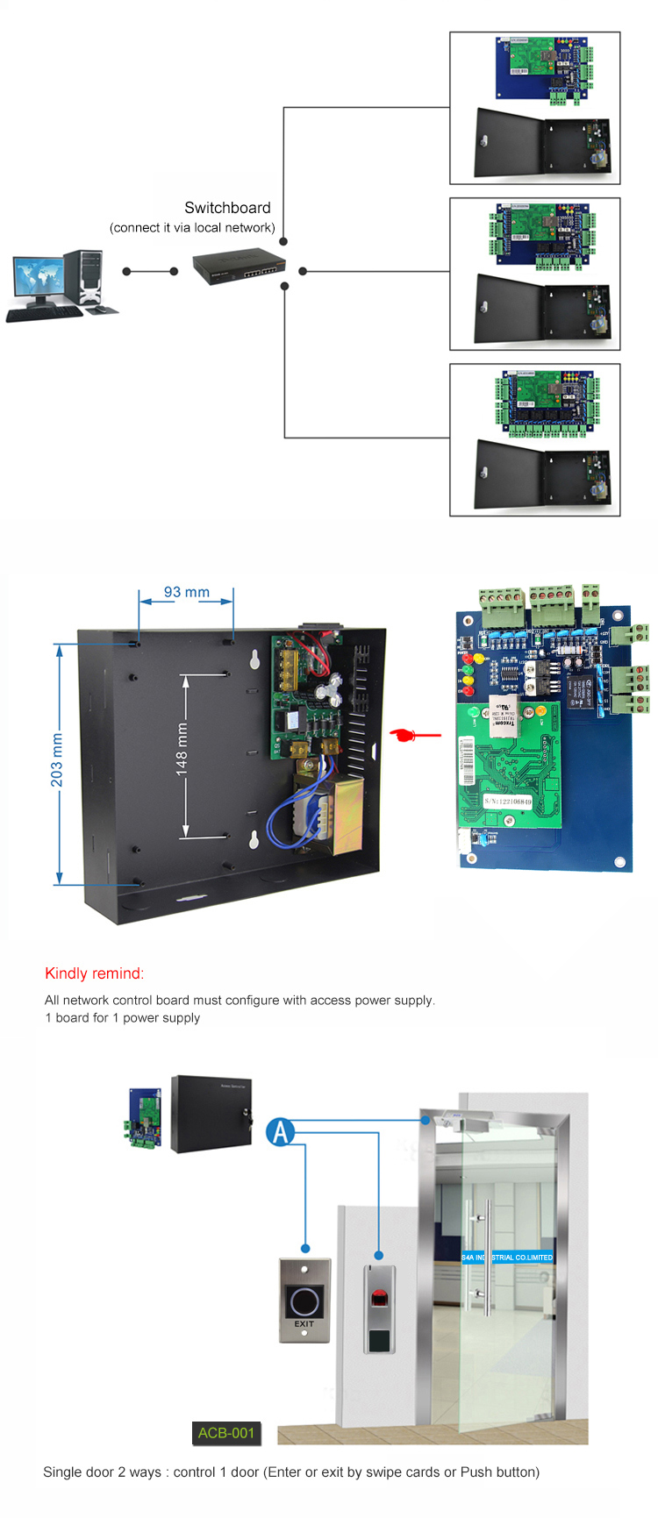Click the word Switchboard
pyautogui.click(x=227, y=208)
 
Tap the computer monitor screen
pyautogui.click(x=38, y=278)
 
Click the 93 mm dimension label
pyautogui.click(x=187, y=592)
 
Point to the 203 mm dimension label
pyautogui.click(x=57, y=759)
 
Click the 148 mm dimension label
pyautogui.click(x=182, y=749)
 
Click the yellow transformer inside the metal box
pyautogui.click(x=343, y=815)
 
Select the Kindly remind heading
pyautogui.click(x=94, y=973)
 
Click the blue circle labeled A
pyautogui.click(x=280, y=1131)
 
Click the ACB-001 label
pyautogui.click(x=225, y=1433)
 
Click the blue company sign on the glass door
pyautogui.click(x=507, y=1257)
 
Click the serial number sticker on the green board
pyautogui.click(x=508, y=802)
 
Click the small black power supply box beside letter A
pyautogui.click(x=211, y=1114)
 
